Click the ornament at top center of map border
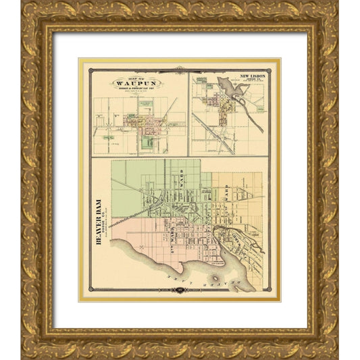180,68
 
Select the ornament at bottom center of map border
180,291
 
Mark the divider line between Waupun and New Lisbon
188,115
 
